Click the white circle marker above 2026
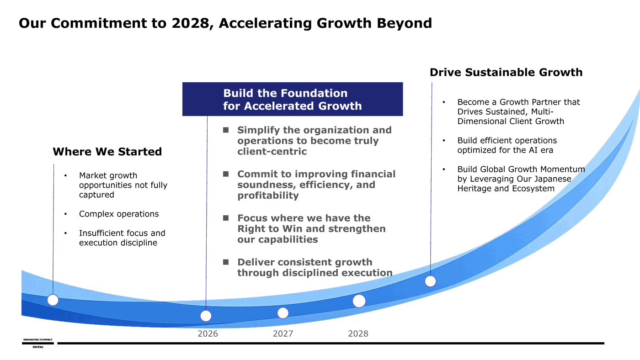(206, 316)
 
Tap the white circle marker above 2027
(283, 313)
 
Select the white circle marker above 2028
(359, 301)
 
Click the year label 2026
(208, 334)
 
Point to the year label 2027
(283, 334)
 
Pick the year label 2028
(358, 334)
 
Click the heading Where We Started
(107, 152)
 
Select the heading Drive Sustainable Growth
(506, 72)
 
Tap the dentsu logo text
(37, 347)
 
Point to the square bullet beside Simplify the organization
(226, 130)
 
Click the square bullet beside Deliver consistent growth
(226, 262)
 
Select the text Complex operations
(119, 214)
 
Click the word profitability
(268, 196)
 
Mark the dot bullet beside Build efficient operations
(444, 140)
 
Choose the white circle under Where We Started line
(53, 300)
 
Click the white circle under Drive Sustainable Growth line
(430, 281)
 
